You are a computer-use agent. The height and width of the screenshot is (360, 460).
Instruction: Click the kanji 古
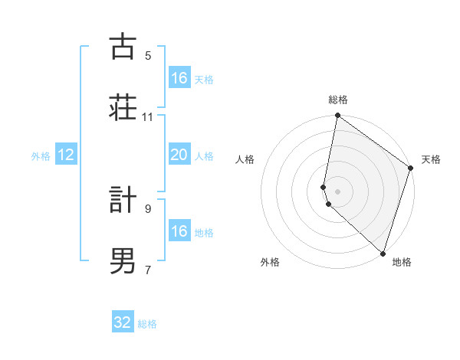[122, 47]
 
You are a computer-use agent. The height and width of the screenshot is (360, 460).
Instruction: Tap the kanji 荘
[122, 106]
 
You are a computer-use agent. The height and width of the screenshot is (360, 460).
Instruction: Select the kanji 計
[122, 201]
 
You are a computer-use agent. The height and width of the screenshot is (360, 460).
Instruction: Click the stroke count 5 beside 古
[148, 55]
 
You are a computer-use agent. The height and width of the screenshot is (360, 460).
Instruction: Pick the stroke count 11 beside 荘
[148, 117]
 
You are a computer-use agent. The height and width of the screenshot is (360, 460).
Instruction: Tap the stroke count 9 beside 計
[148, 208]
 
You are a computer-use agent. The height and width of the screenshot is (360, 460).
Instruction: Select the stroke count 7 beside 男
[148, 269]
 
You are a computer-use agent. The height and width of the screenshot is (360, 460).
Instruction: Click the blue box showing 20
[179, 155]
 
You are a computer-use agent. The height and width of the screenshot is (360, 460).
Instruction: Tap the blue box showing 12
[66, 155]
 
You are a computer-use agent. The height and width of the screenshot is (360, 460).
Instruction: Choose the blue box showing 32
[123, 322]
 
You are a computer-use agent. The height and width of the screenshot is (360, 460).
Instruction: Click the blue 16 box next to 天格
[179, 78]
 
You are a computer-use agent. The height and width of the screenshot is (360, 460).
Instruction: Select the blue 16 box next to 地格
[179, 231]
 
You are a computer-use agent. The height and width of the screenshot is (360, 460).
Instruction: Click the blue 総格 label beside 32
[147, 324]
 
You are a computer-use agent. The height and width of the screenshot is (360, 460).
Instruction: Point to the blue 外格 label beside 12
[41, 156]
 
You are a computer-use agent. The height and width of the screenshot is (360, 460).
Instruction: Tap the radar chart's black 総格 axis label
[337, 100]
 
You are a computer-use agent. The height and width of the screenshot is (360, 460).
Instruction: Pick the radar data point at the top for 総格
[337, 116]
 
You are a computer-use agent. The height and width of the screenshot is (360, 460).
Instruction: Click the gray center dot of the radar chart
[337, 190]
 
